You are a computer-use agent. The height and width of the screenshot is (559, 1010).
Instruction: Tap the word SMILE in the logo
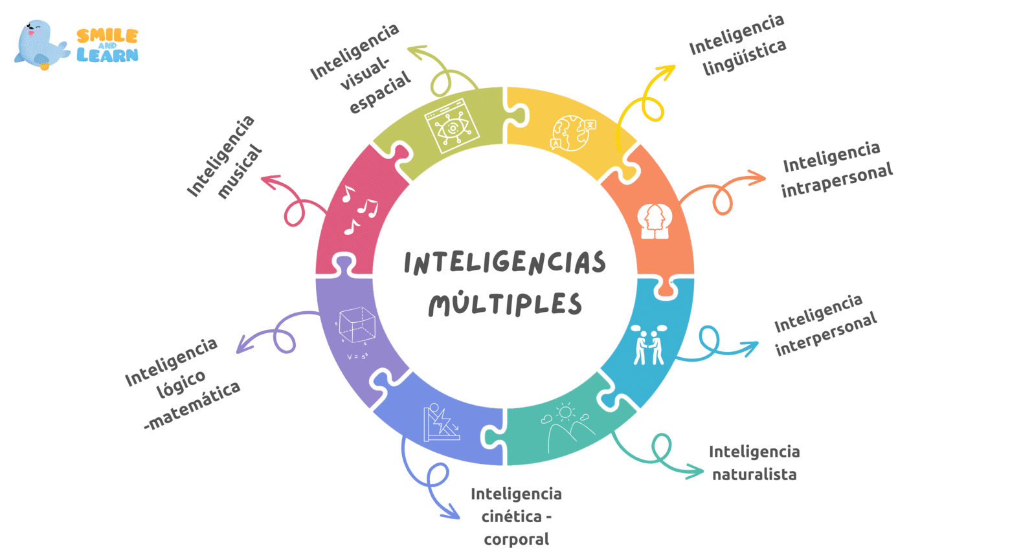pyautogui.click(x=107, y=36)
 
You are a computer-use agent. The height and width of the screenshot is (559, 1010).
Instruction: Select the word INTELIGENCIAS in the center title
pyautogui.click(x=505, y=263)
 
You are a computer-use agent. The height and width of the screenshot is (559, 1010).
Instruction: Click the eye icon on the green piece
pyautogui.click(x=452, y=126)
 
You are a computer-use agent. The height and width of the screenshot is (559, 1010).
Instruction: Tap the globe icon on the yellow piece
pyautogui.click(x=572, y=133)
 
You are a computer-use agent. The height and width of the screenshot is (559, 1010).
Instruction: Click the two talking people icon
pyautogui.click(x=648, y=345)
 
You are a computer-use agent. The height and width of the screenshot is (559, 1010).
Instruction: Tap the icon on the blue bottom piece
pyautogui.click(x=441, y=423)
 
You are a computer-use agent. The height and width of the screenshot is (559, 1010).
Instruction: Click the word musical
pyautogui.click(x=240, y=172)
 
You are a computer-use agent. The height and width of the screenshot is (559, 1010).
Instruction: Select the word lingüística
pyautogui.click(x=745, y=56)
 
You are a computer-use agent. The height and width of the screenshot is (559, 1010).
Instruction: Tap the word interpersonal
pyautogui.click(x=826, y=333)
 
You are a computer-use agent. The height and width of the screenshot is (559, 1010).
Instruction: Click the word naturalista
pyautogui.click(x=754, y=474)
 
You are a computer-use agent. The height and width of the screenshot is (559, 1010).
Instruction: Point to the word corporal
pyautogui.click(x=516, y=539)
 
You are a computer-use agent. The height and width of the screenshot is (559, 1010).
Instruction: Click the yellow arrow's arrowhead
pyautogui.click(x=667, y=70)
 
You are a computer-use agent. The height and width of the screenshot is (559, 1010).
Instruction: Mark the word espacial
pyautogui.click(x=380, y=93)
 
